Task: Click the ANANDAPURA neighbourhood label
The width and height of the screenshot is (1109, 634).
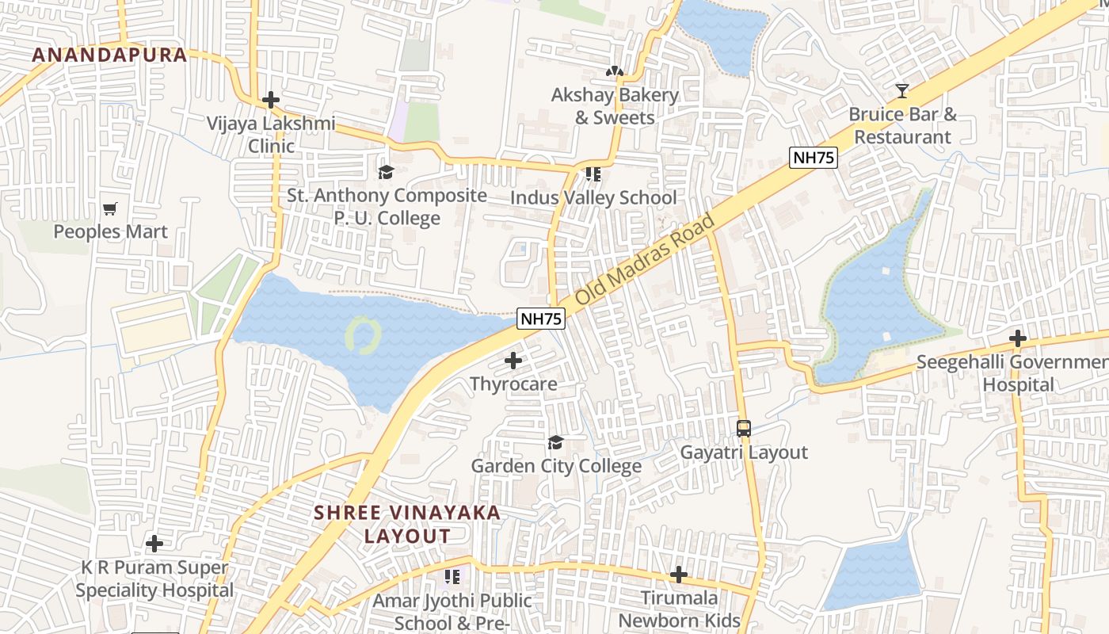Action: pos(109,55)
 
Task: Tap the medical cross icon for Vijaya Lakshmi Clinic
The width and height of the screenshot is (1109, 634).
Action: pos(271,100)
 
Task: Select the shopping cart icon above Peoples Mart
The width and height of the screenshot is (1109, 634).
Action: pos(110,209)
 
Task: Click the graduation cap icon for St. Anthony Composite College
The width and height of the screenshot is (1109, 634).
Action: pos(386,172)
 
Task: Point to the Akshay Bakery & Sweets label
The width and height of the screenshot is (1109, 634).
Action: pos(615,106)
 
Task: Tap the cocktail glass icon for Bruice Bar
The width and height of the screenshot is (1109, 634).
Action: pos(901,90)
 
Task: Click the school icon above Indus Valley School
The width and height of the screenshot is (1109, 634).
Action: pos(593,174)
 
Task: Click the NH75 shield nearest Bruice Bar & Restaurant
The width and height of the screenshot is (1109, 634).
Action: pos(814,157)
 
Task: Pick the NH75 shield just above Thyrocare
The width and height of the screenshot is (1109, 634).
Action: pos(541,319)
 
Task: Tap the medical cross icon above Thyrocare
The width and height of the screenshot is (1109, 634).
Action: pos(513,361)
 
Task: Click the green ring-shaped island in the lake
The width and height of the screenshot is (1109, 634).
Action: pos(364,335)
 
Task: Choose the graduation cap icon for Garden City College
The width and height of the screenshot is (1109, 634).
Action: pos(555,442)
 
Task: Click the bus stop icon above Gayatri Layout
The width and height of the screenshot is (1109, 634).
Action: pos(743,429)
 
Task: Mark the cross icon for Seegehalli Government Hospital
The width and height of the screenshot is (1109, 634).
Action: pos(1018,339)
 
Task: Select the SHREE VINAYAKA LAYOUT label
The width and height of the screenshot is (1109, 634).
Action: pos(407,524)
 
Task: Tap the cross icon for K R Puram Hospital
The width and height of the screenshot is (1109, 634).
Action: pos(154,544)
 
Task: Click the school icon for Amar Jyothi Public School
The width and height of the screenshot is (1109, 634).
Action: pos(452,576)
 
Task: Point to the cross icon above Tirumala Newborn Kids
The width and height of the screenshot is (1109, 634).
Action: pos(679,575)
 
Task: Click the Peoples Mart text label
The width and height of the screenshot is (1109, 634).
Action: pos(110,231)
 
